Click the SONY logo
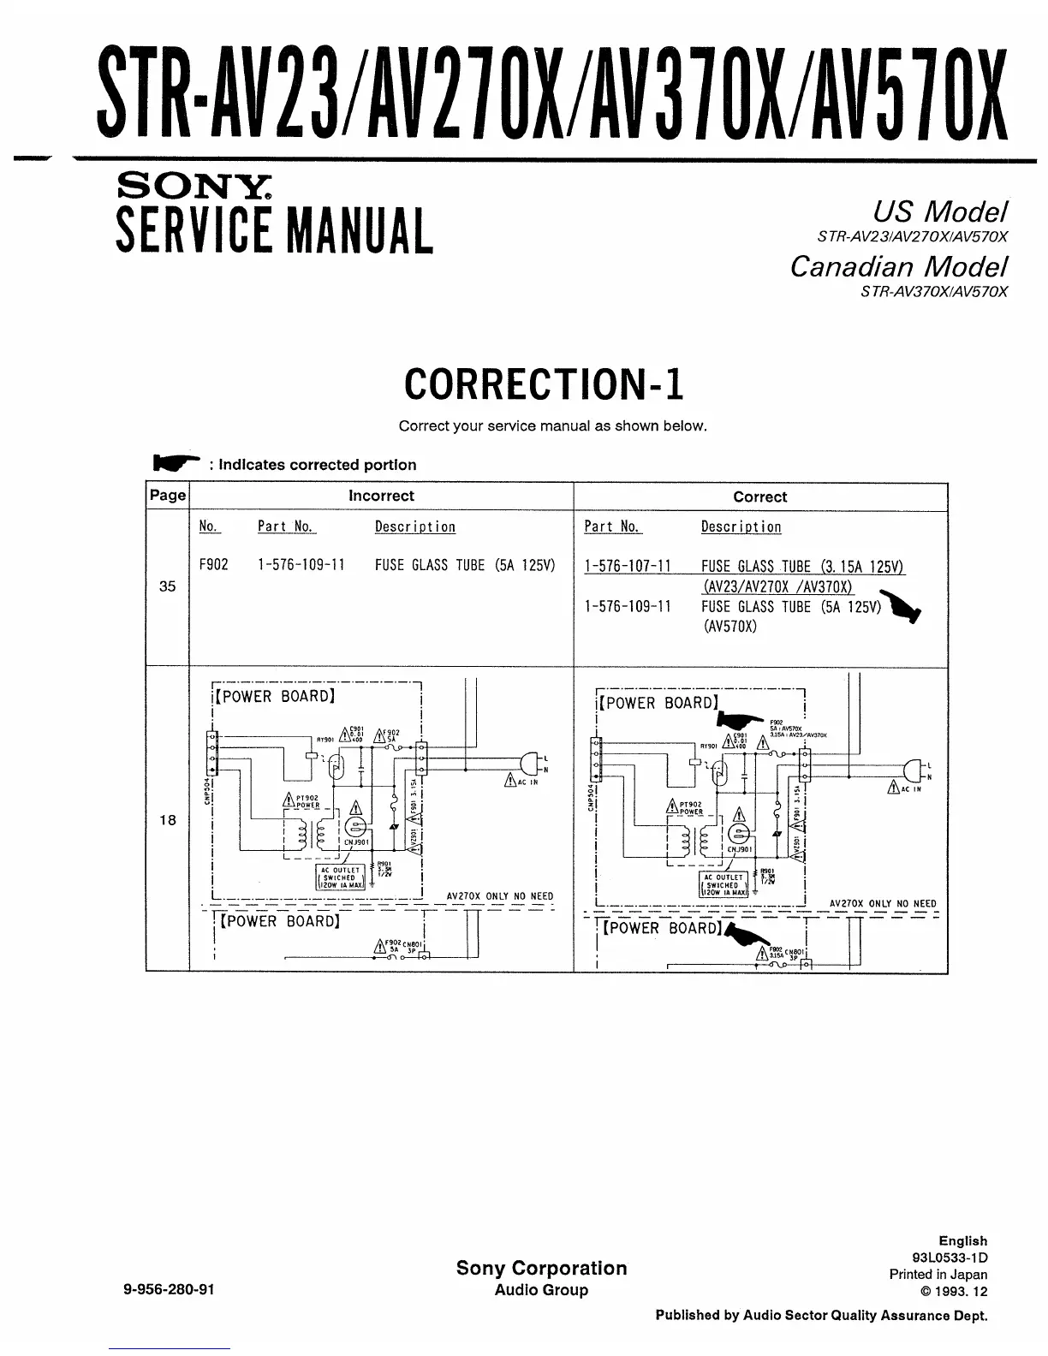click(196, 185)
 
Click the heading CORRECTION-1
click(544, 384)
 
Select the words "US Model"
click(939, 211)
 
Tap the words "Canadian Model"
click(898, 267)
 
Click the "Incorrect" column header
click(381, 497)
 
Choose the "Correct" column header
click(759, 497)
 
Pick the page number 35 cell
click(168, 587)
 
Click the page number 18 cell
click(168, 820)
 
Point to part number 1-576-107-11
click(628, 567)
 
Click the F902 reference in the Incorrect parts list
click(213, 566)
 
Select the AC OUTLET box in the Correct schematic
click(724, 884)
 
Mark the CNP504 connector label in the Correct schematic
click(591, 797)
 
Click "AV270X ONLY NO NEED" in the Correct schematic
click(883, 904)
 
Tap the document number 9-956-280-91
click(170, 1290)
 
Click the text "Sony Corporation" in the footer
click(541, 1269)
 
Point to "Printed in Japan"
click(938, 1275)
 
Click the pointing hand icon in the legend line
click(176, 463)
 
